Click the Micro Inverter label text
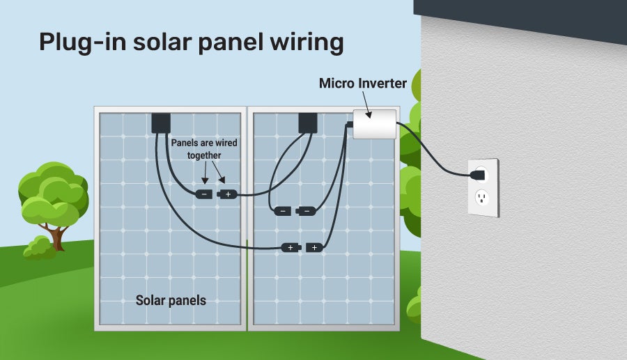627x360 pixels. [362, 84]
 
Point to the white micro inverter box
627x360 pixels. [374, 124]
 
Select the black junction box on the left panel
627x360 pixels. [161, 123]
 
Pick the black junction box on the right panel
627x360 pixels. [307, 123]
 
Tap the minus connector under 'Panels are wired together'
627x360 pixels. [203, 194]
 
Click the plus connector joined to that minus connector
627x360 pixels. [227, 194]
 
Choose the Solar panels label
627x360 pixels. [171, 301]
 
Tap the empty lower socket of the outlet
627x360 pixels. [481, 199]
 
